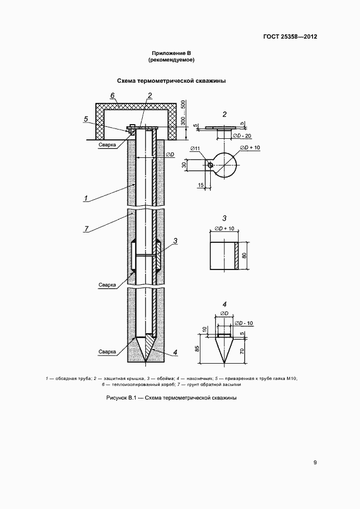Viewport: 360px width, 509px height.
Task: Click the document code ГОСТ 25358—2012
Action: tap(290, 36)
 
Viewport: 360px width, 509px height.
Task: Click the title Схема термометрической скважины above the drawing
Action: tap(171, 81)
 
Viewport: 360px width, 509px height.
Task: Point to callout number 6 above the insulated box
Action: tap(112, 95)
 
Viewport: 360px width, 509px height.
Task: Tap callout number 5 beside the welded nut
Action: tap(86, 119)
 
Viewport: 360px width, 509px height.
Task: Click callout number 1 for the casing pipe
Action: tap(86, 198)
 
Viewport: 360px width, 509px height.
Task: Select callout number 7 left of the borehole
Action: tap(86, 229)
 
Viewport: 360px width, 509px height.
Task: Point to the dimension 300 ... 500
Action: tap(183, 113)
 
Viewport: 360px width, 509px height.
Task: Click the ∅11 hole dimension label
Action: tap(196, 149)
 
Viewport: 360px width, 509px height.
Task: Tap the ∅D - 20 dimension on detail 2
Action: tap(242, 136)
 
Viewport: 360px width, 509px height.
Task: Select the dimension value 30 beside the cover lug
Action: tap(185, 165)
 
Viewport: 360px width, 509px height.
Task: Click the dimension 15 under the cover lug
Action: tap(200, 185)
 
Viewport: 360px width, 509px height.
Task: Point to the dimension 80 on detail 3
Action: tap(244, 256)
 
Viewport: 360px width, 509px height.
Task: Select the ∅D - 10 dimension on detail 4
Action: tap(244, 323)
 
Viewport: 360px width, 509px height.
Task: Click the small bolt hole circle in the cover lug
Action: tap(210, 165)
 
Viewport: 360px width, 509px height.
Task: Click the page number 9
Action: tap(315, 463)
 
